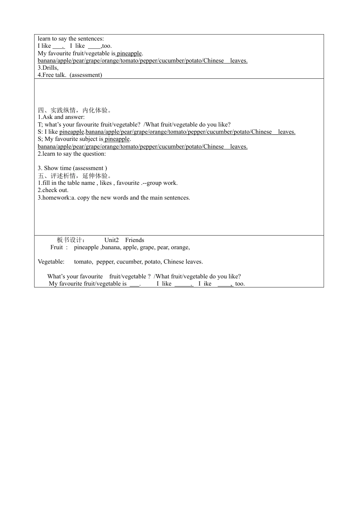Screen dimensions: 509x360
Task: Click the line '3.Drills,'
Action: click(48, 68)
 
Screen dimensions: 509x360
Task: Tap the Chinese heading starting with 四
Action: click(75, 110)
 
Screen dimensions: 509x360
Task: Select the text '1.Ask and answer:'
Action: click(61, 117)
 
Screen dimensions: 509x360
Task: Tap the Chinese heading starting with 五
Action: click(75, 176)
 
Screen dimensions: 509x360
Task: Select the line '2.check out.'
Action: click(53, 190)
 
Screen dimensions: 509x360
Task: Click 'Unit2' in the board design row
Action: click(111, 240)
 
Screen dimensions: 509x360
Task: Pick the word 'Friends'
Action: click(135, 240)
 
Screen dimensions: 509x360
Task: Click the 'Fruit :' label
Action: click(59, 247)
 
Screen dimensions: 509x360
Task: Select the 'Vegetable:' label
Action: click(51, 262)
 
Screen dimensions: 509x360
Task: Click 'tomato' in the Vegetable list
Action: click(83, 262)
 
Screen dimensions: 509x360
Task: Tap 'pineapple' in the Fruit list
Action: click(86, 247)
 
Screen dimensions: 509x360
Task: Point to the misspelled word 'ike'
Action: click(207, 284)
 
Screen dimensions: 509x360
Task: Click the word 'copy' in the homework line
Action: click(83, 198)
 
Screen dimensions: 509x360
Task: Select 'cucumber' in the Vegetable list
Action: click(129, 262)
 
